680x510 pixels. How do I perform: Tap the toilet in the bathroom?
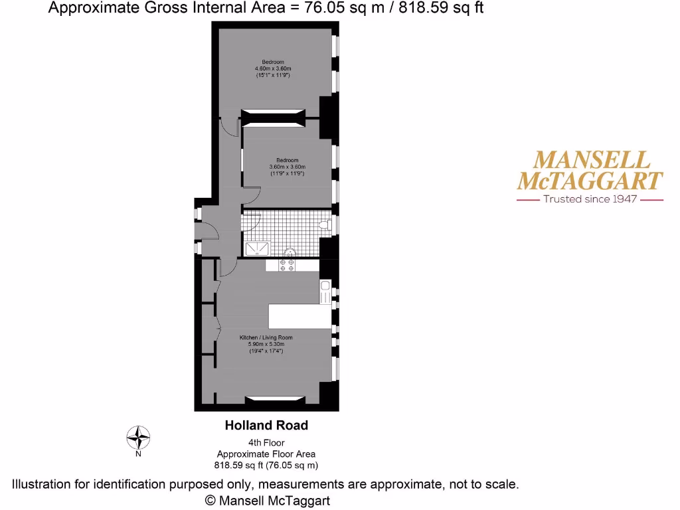325,224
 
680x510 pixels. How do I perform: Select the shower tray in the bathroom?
258,248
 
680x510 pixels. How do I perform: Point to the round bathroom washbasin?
290,252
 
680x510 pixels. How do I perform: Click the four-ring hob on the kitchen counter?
288,266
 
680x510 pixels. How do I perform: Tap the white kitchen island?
299,316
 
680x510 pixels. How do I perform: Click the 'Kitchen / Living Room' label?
266,337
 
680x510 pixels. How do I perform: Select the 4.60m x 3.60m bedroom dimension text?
273,68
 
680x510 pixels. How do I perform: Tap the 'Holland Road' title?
266,426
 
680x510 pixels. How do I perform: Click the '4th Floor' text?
266,443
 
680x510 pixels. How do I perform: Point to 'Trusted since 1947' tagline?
590,199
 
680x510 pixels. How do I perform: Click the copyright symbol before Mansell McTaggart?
211,500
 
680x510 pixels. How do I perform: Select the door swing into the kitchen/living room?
227,268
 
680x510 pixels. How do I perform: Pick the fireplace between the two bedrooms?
273,118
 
